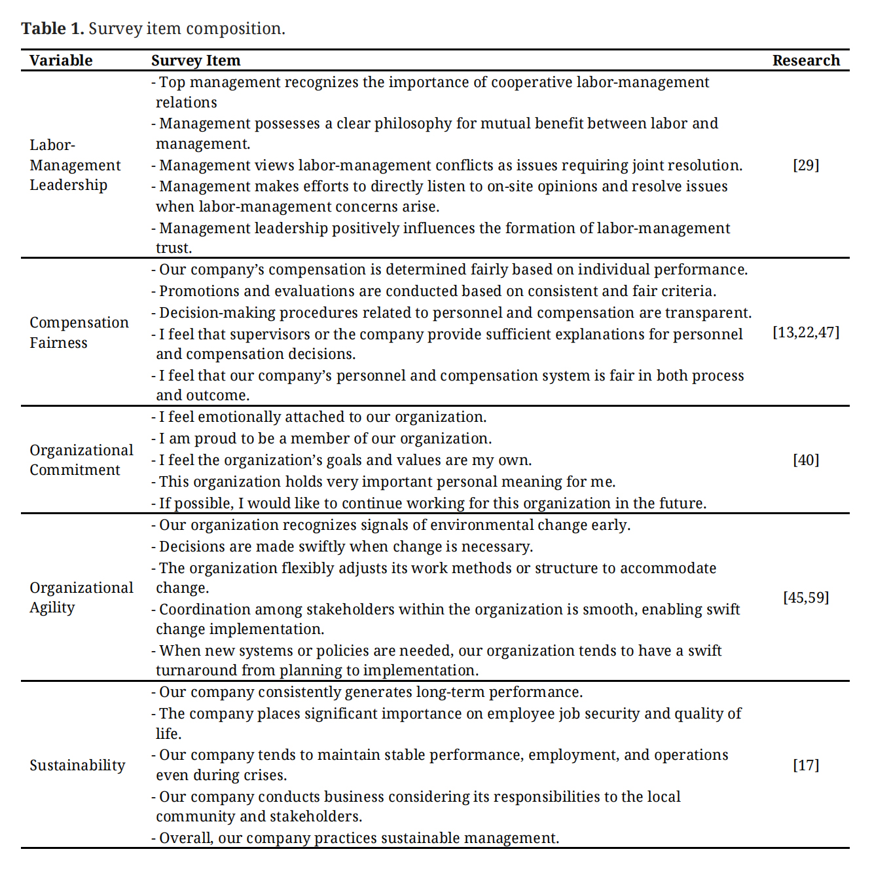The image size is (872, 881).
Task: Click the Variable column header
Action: point(61,60)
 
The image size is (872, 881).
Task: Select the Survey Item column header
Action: point(196,60)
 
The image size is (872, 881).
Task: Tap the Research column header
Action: point(806,60)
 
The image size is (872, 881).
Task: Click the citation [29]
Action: point(806,165)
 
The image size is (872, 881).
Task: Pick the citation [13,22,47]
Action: point(806,332)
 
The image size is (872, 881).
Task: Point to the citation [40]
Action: point(806,460)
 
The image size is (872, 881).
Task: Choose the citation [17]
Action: point(806,765)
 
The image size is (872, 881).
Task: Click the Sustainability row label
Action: point(77,765)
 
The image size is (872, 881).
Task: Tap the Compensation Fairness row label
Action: point(79,332)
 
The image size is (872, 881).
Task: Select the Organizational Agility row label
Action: point(81,597)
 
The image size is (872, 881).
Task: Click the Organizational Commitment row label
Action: point(81,460)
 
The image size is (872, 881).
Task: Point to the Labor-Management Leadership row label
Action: point(75,165)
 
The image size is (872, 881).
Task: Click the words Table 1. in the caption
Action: point(52,29)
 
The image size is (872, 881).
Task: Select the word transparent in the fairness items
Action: point(712,312)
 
